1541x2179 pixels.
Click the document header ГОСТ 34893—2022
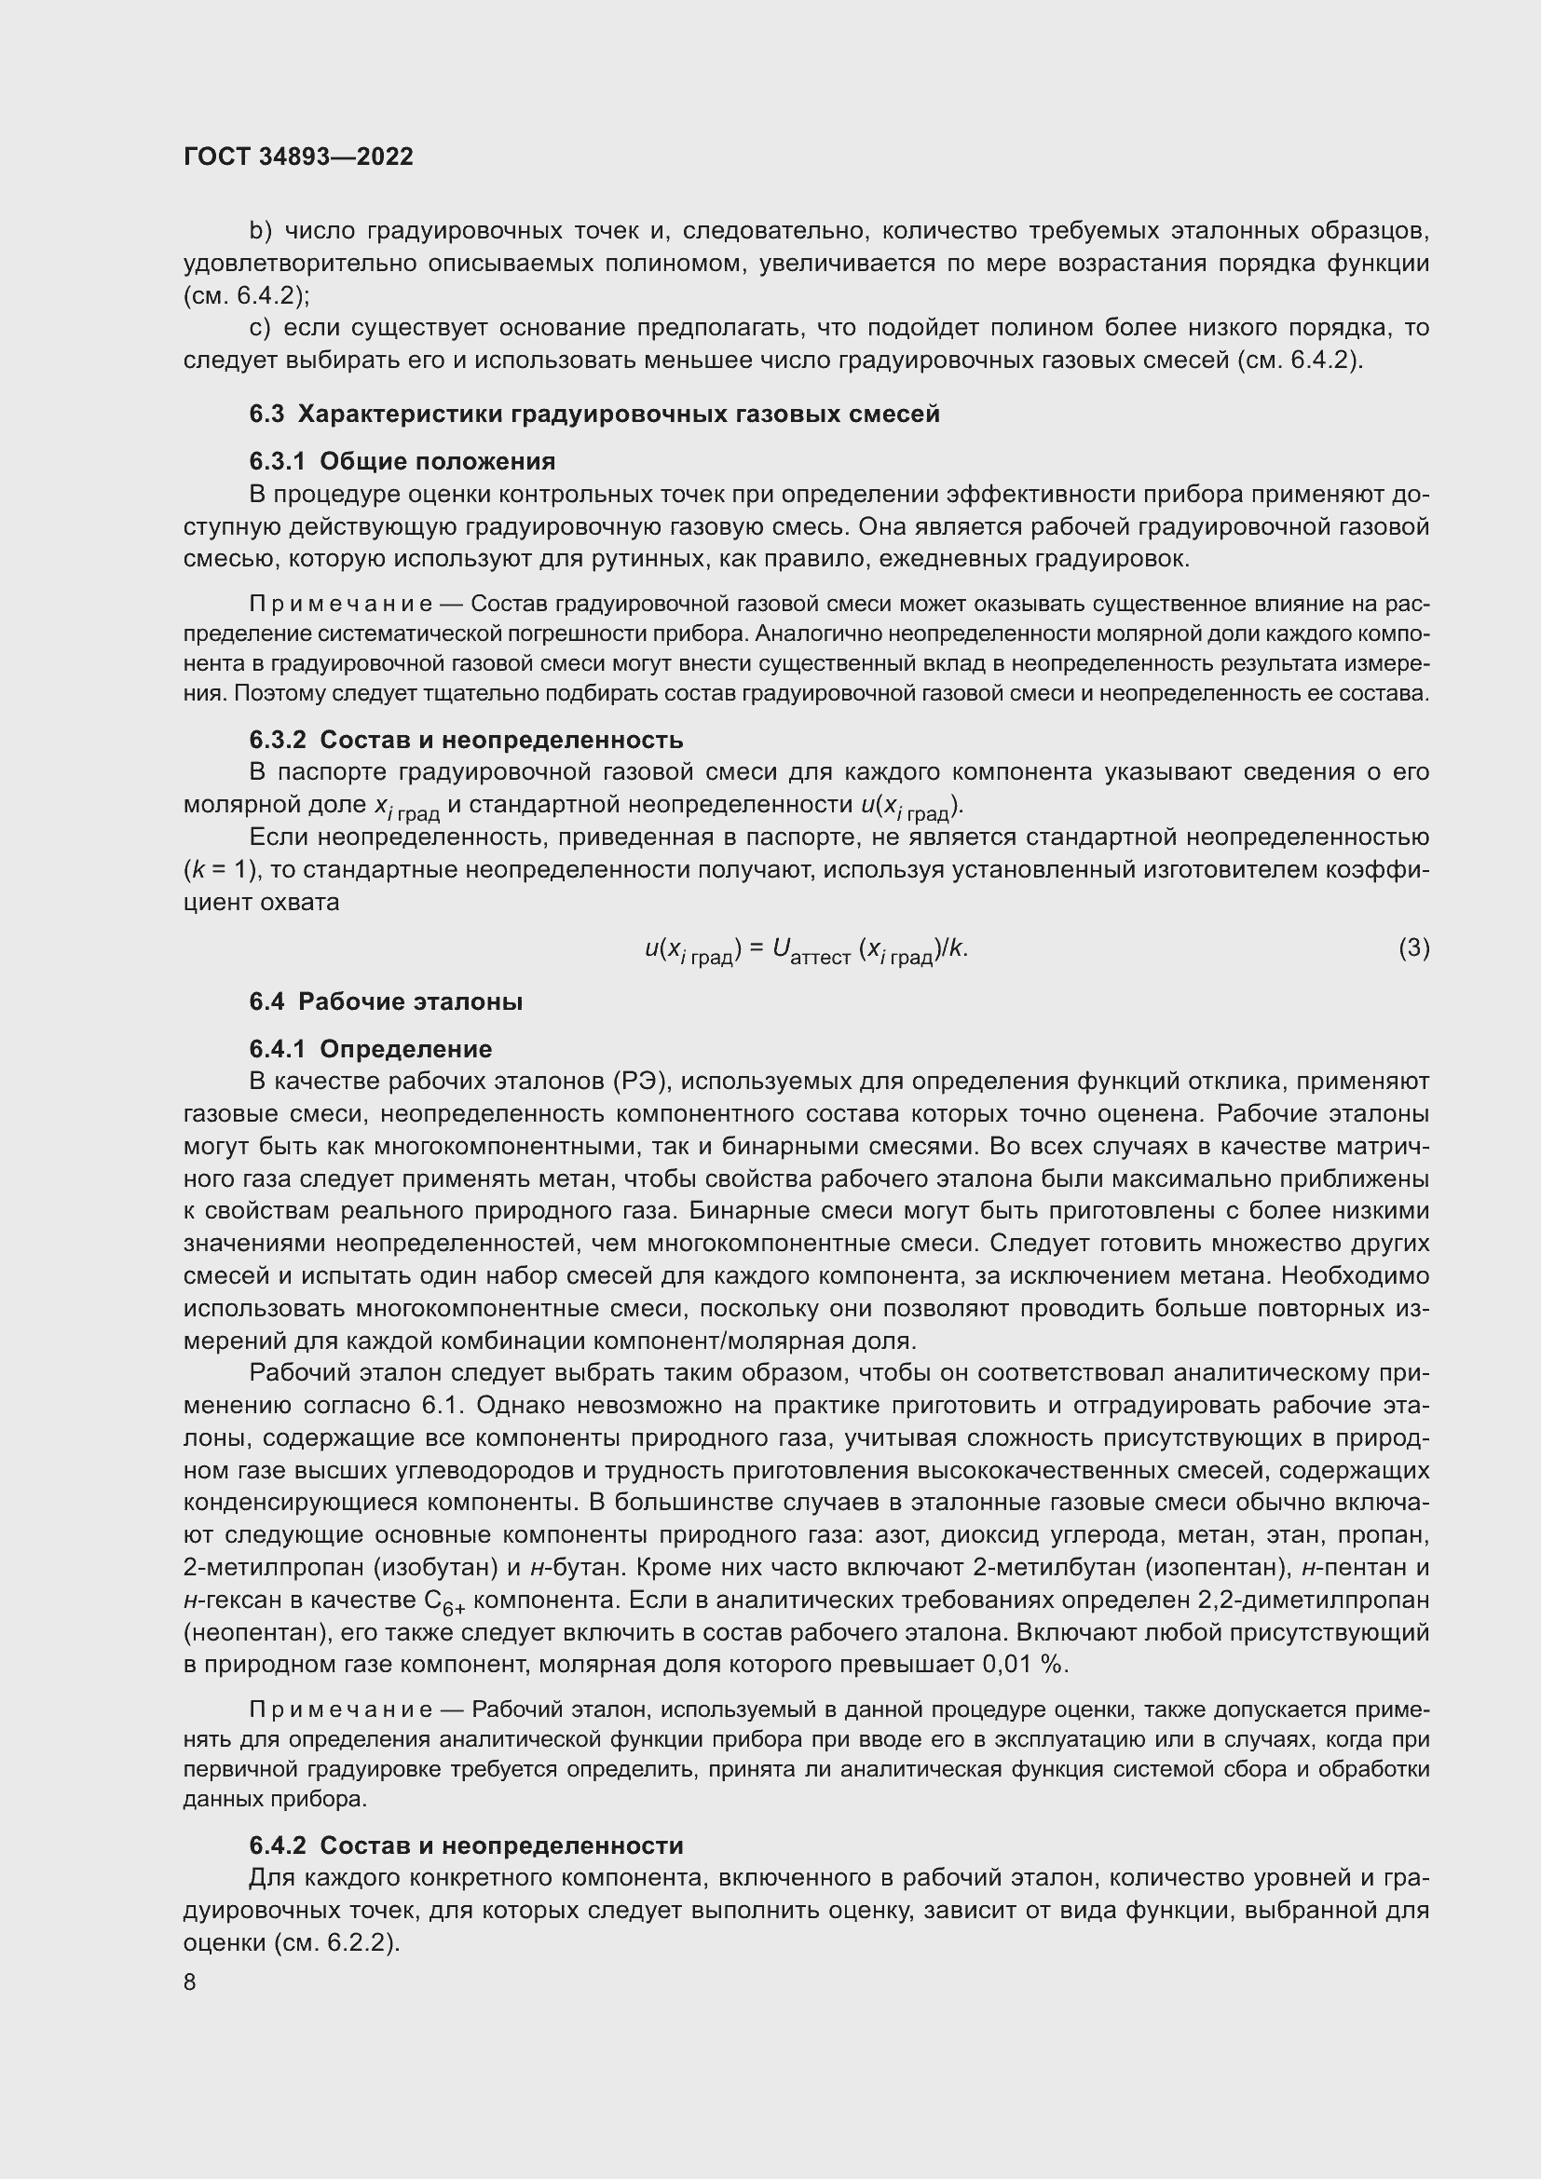(x=298, y=157)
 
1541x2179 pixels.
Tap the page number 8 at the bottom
(x=190, y=1982)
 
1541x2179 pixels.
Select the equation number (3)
(x=1413, y=947)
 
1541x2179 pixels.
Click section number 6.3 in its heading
(x=266, y=414)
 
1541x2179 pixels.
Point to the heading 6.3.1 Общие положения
(x=402, y=461)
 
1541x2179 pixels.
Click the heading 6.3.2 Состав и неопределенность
(x=466, y=740)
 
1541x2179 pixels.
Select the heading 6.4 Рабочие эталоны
(x=387, y=1001)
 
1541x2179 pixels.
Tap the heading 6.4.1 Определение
(x=371, y=1049)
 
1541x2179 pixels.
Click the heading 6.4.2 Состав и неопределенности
(x=466, y=1845)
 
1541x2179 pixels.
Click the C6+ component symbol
(x=444, y=1602)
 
